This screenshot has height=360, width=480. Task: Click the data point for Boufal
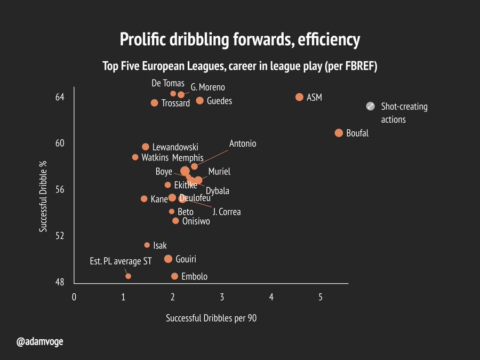[x=339, y=133]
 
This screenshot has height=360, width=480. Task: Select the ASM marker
[x=299, y=97]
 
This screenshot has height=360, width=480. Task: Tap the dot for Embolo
[x=174, y=276]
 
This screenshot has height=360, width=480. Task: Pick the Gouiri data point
[x=168, y=259]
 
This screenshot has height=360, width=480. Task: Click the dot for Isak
[x=147, y=245]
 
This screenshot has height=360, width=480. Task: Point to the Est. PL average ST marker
[x=128, y=276]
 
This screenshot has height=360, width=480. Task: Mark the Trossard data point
[x=154, y=103]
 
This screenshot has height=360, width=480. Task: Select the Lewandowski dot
[x=146, y=147]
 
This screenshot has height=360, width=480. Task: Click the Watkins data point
[x=135, y=157]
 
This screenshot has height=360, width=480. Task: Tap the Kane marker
[x=144, y=199]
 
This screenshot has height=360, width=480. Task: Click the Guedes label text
[x=219, y=101]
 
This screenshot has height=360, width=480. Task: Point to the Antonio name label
[x=243, y=143]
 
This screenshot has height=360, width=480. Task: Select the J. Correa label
[x=227, y=212]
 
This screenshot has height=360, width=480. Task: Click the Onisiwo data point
[x=175, y=221]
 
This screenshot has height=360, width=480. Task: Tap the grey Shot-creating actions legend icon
[x=371, y=106]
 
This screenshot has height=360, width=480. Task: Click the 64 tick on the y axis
[x=60, y=97]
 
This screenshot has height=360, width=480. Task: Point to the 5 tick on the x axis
[x=321, y=297]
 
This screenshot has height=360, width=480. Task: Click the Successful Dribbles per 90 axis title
[x=211, y=318]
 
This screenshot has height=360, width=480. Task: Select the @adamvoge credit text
[x=40, y=342]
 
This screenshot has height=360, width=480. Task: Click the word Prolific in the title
[x=143, y=39]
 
